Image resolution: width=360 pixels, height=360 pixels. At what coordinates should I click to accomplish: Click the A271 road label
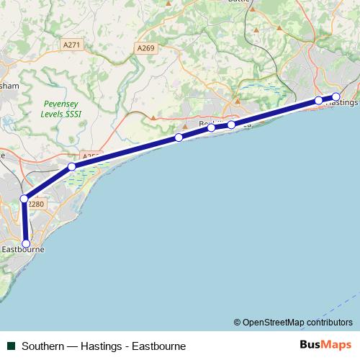[72, 45]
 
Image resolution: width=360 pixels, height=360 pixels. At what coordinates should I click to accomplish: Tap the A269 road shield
[146, 48]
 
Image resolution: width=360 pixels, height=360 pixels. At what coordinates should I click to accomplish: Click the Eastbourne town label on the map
[24, 250]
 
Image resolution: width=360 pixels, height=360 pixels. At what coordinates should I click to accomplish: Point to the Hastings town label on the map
[343, 102]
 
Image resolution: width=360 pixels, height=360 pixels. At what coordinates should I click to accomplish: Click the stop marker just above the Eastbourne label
[27, 243]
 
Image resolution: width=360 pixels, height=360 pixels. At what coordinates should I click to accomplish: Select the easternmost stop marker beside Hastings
[336, 96]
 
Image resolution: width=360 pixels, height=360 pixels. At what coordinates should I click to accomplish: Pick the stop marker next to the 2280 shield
[24, 199]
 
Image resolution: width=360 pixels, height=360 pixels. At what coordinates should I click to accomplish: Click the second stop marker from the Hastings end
[318, 101]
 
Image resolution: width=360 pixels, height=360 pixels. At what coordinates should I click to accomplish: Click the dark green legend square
[12, 346]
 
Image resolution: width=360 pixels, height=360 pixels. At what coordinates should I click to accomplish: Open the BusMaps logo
[325, 345]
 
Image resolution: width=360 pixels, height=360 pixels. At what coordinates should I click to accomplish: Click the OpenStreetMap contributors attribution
[293, 322]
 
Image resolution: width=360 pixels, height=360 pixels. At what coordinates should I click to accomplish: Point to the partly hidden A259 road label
[90, 156]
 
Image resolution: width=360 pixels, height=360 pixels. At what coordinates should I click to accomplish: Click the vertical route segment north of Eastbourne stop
[25, 222]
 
